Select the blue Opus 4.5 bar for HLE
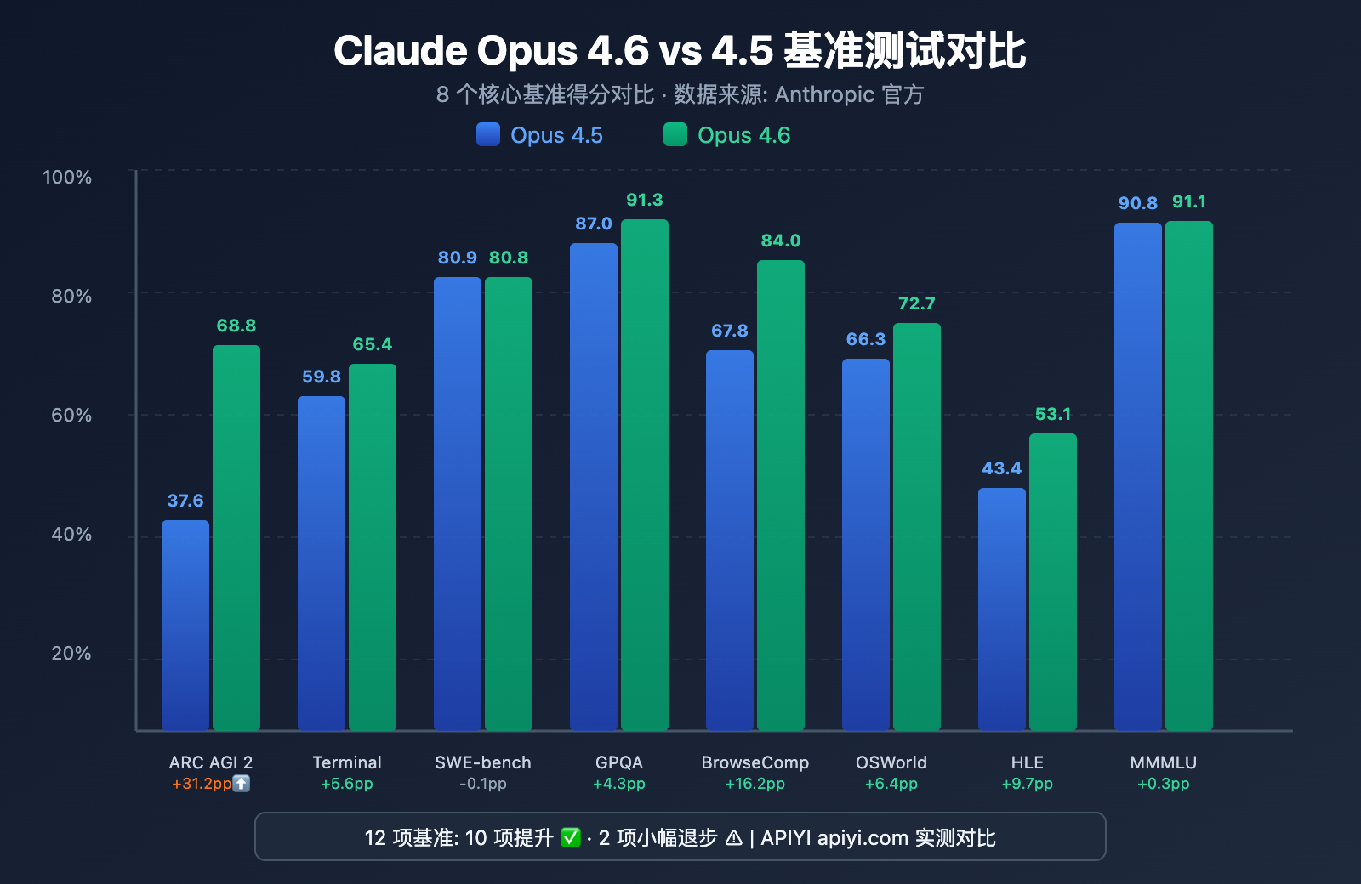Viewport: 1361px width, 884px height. (x=1002, y=609)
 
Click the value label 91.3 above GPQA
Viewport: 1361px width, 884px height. (x=645, y=200)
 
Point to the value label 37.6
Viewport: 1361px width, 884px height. (x=185, y=501)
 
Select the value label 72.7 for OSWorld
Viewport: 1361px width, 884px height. (x=916, y=303)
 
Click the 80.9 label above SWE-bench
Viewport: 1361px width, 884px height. (x=458, y=258)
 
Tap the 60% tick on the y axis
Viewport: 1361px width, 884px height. (x=71, y=415)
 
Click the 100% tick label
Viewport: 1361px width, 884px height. (x=67, y=177)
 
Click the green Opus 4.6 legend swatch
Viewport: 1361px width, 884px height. (x=675, y=134)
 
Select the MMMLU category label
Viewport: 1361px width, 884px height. (x=1163, y=762)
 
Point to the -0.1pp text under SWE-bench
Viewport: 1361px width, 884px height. (x=483, y=784)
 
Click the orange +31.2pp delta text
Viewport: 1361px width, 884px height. (x=202, y=784)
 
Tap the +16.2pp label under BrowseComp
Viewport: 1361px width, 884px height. (x=755, y=784)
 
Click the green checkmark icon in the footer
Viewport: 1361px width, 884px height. (x=571, y=838)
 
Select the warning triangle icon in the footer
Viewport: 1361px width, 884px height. (x=734, y=838)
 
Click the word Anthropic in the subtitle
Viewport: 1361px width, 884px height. (x=824, y=94)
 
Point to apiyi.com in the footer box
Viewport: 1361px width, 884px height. (x=863, y=838)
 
